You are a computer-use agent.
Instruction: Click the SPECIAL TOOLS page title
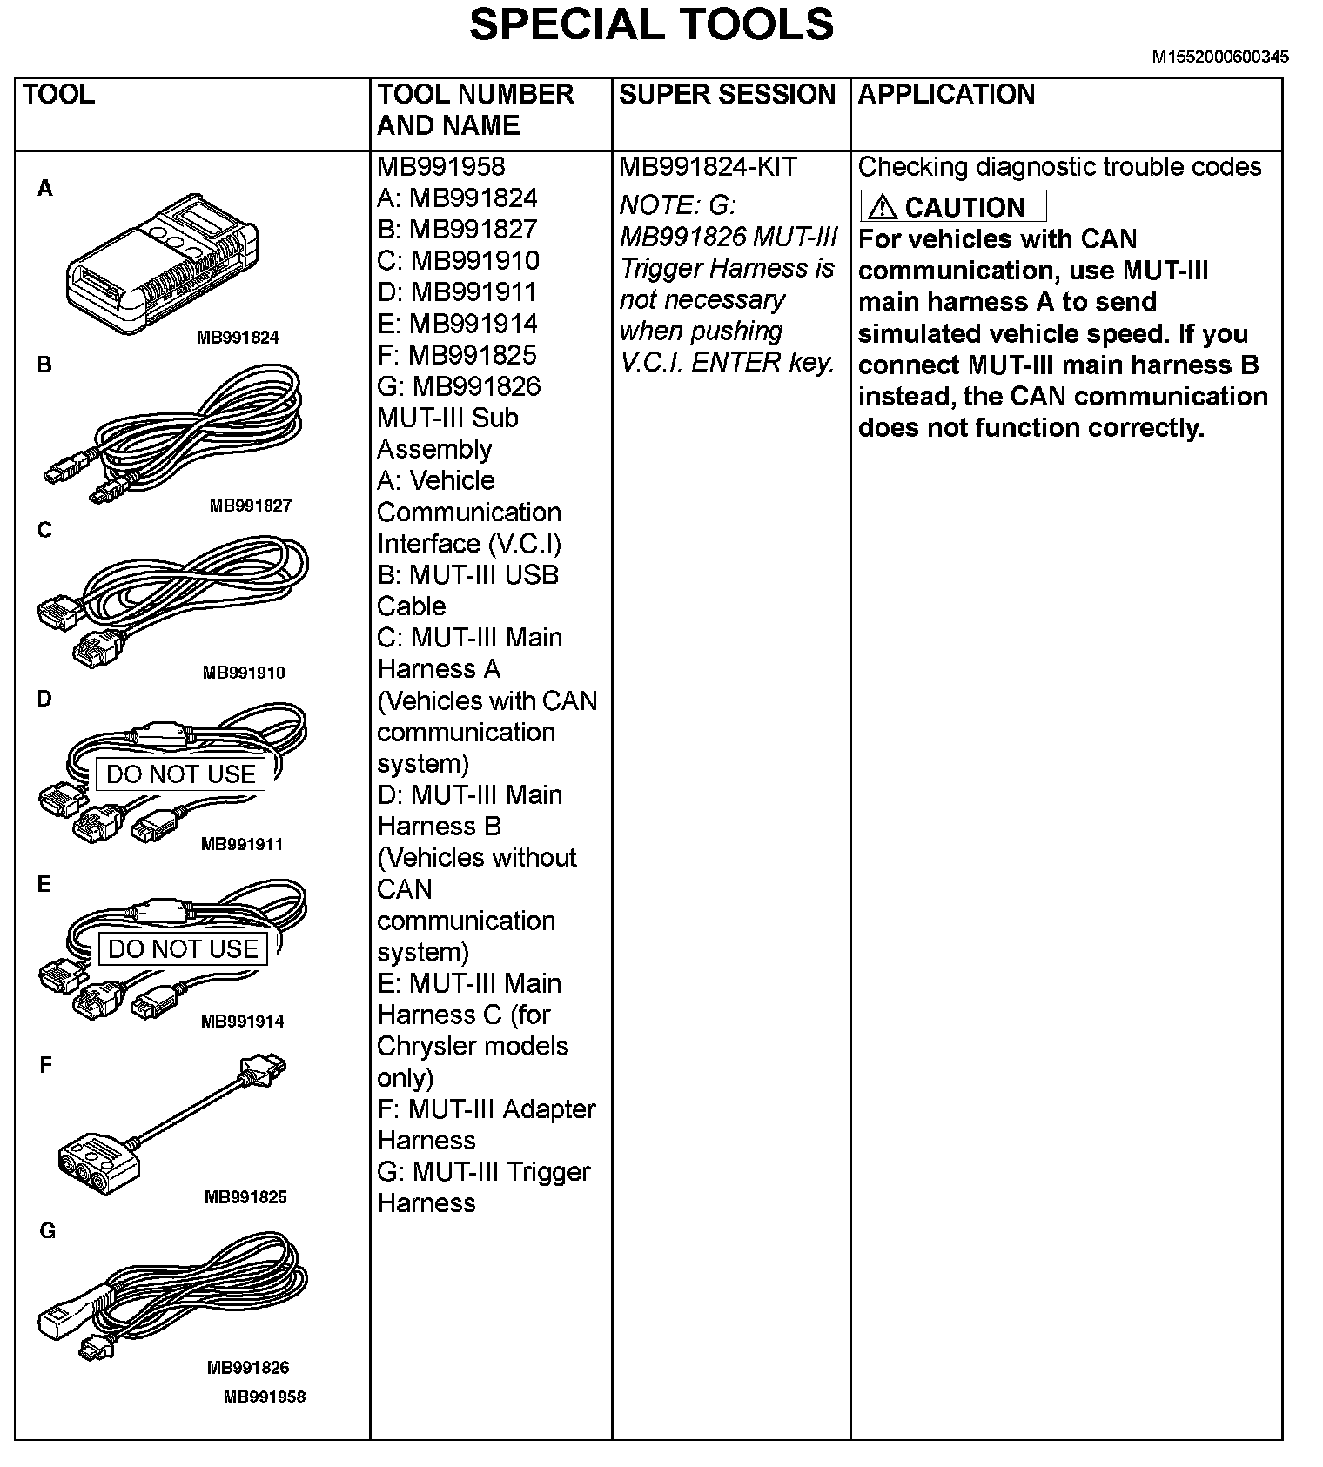coord(651,24)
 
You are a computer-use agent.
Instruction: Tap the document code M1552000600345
coord(1220,57)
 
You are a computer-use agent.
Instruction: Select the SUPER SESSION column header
coord(727,95)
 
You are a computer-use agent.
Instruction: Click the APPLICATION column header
coord(946,95)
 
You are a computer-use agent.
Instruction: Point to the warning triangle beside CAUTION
coord(882,207)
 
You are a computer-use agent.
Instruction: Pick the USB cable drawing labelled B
coord(174,432)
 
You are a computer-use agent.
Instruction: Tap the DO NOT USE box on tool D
coord(181,774)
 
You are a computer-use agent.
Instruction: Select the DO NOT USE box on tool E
coord(183,948)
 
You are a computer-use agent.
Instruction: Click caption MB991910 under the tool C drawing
coord(244,673)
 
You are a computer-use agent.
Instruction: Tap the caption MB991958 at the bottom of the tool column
coord(265,1397)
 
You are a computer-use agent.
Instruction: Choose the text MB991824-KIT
coord(708,167)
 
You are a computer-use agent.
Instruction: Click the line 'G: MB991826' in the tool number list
coord(459,386)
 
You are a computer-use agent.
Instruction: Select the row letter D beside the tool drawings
coord(44,699)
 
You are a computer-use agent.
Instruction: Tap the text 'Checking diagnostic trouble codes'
coord(1059,167)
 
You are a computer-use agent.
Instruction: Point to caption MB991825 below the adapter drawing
coord(245,1196)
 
